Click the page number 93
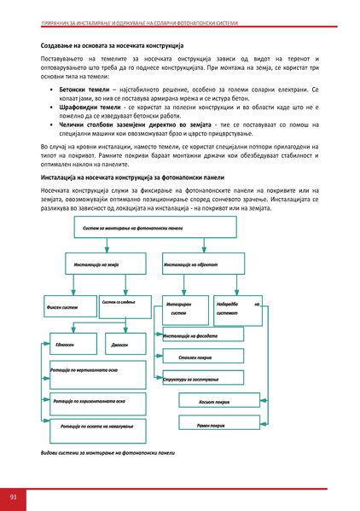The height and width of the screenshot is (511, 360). pyautogui.click(x=13, y=496)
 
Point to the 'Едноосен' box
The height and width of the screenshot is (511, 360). pyautogui.click(x=67, y=345)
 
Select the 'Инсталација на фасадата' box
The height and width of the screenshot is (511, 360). pyautogui.click(x=195, y=336)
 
